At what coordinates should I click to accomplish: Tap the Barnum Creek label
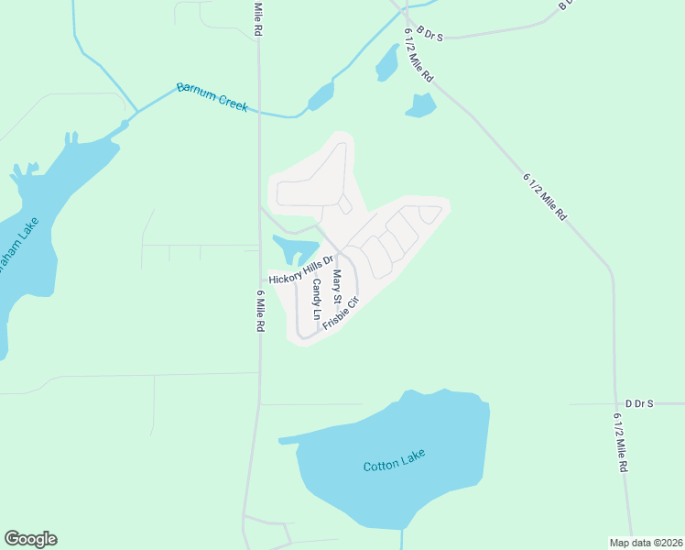(x=212, y=97)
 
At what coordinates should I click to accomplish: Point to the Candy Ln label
(x=316, y=300)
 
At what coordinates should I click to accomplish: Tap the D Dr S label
(x=638, y=403)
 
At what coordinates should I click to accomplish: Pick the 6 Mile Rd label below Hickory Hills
(x=260, y=311)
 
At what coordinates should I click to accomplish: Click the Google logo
(x=30, y=539)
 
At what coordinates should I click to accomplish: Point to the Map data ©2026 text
(x=646, y=542)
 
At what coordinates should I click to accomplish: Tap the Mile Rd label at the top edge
(x=259, y=18)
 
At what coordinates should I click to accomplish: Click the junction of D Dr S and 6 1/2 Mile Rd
(x=614, y=403)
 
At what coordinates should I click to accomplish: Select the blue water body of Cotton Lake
(x=394, y=486)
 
